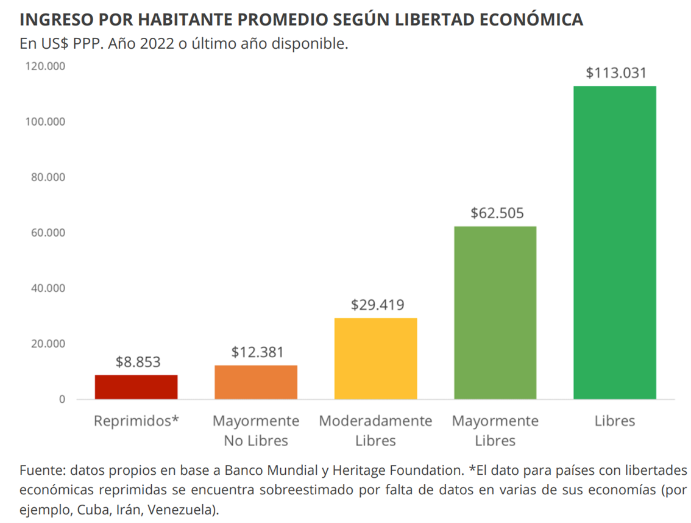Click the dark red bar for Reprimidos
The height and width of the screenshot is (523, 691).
tap(136, 387)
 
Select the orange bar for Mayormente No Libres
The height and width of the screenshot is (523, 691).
tap(256, 382)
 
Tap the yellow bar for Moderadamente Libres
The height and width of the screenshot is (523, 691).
tap(375, 358)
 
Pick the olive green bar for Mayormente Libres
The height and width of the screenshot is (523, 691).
tap(495, 313)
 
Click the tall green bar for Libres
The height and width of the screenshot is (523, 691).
tap(614, 243)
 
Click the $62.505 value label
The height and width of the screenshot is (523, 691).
tap(497, 213)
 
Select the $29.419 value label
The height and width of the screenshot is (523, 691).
tap(377, 305)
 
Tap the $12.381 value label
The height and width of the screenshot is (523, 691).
tap(257, 352)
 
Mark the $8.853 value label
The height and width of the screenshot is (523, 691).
tap(138, 362)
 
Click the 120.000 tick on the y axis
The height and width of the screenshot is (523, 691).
tap(45, 66)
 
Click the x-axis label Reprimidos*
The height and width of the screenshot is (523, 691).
tap(136, 421)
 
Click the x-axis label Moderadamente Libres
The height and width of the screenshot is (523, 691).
tap(375, 430)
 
